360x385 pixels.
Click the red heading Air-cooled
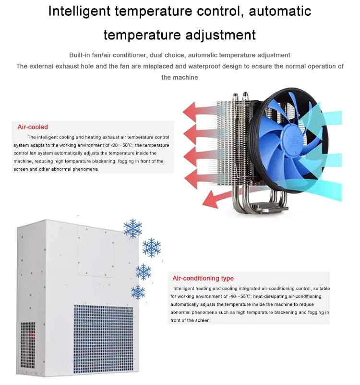[x=33, y=127]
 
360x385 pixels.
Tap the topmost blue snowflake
[x=133, y=229]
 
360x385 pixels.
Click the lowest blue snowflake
[x=138, y=292]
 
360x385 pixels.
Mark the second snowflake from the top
[x=151, y=247]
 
